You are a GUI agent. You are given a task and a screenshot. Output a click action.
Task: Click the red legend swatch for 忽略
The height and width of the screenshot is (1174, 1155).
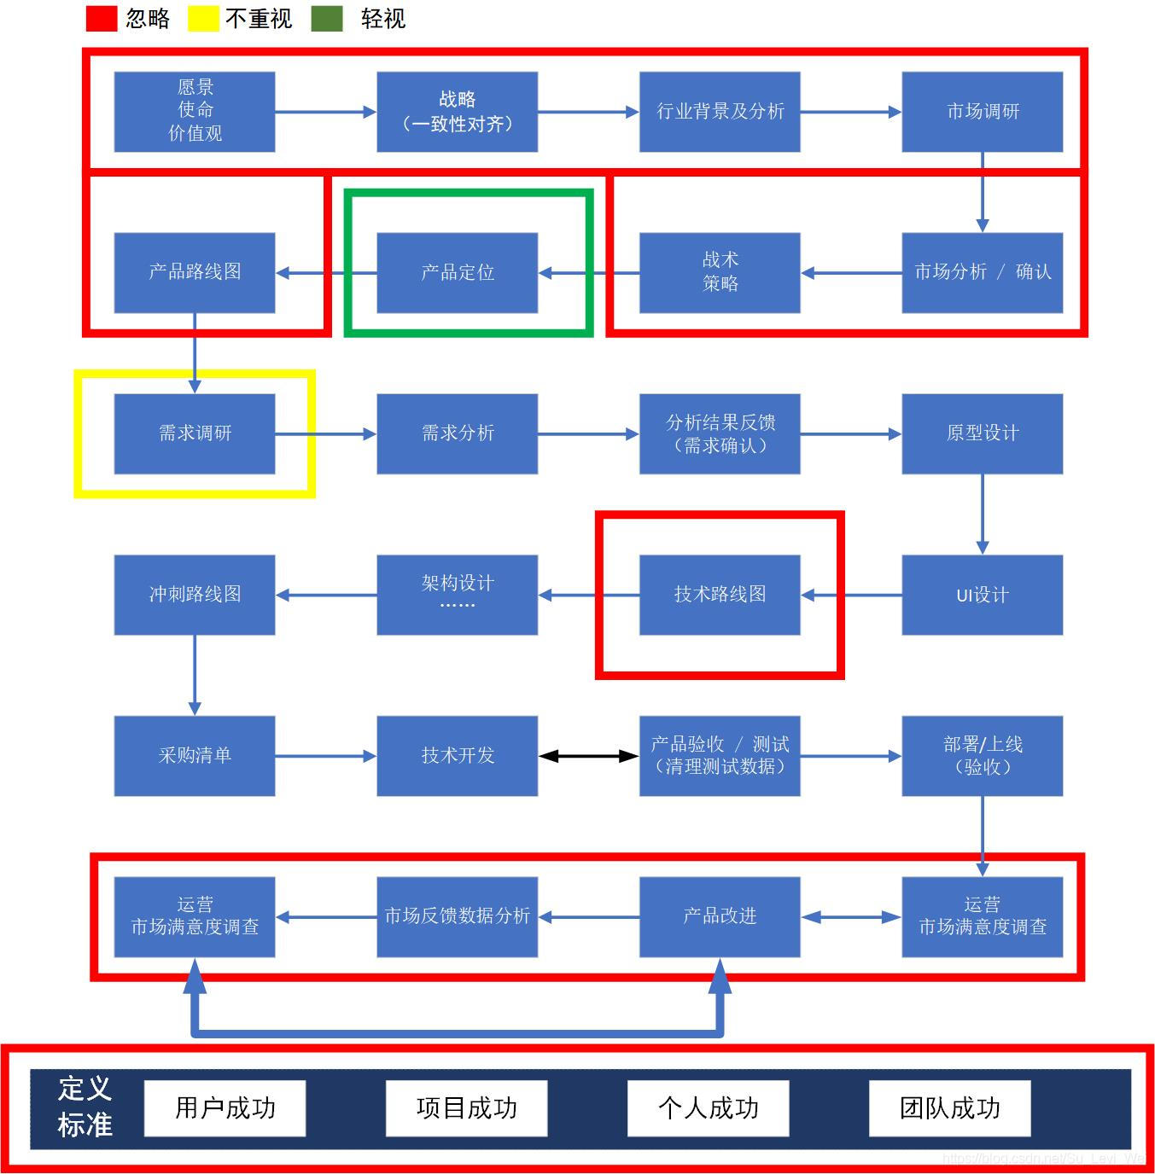pos(101,19)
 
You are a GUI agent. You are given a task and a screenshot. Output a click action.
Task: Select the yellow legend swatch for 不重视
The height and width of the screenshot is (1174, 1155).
pos(203,19)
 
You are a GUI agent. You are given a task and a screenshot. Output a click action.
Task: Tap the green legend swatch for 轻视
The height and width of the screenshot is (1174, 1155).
pos(327,19)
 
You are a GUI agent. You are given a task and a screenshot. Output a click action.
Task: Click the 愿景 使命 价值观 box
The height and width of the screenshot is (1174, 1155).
pos(195,111)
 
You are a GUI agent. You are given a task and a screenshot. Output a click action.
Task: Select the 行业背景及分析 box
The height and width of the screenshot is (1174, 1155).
pos(720,111)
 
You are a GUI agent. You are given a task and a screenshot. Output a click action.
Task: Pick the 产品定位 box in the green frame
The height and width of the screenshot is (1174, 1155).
pos(458,272)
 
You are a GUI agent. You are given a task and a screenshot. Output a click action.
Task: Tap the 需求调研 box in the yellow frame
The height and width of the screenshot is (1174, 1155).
pos(195,433)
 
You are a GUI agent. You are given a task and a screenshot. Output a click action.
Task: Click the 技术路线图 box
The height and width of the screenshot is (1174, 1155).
pos(720,595)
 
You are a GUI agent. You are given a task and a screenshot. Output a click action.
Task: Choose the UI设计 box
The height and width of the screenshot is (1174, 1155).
pos(982,595)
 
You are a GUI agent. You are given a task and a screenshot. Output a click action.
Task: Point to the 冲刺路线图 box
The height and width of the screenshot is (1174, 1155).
pos(195,595)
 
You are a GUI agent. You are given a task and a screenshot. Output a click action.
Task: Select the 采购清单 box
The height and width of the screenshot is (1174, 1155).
pos(195,755)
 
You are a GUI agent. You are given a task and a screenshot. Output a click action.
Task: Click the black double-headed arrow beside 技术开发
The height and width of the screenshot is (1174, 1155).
pos(588,756)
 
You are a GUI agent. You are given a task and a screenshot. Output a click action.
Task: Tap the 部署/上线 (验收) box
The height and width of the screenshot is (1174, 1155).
pos(982,755)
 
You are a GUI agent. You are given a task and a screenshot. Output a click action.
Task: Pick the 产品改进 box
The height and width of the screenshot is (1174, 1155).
pos(720,916)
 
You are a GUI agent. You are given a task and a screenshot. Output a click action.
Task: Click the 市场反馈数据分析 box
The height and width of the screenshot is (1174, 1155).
pos(458,916)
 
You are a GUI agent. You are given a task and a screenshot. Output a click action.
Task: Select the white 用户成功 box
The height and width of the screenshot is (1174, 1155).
pos(225,1108)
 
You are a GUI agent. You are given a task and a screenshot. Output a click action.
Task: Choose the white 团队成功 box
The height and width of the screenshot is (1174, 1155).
pos(949,1108)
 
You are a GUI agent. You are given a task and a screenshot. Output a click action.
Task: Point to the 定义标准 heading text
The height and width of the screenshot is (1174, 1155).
pos(85,1107)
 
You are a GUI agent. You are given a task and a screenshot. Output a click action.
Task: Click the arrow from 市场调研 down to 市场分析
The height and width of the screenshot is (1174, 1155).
pos(982,192)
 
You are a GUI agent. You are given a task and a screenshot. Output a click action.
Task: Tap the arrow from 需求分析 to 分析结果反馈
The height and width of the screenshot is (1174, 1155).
pos(588,434)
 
